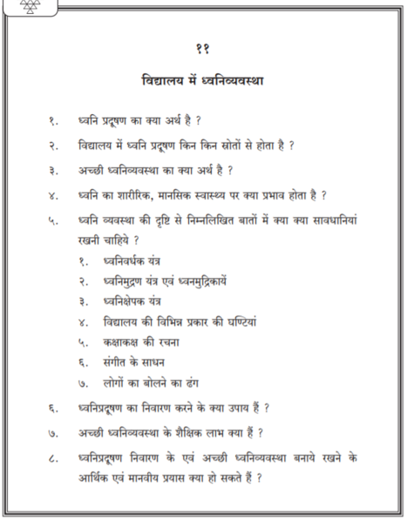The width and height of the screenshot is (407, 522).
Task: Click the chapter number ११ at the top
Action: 203,50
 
